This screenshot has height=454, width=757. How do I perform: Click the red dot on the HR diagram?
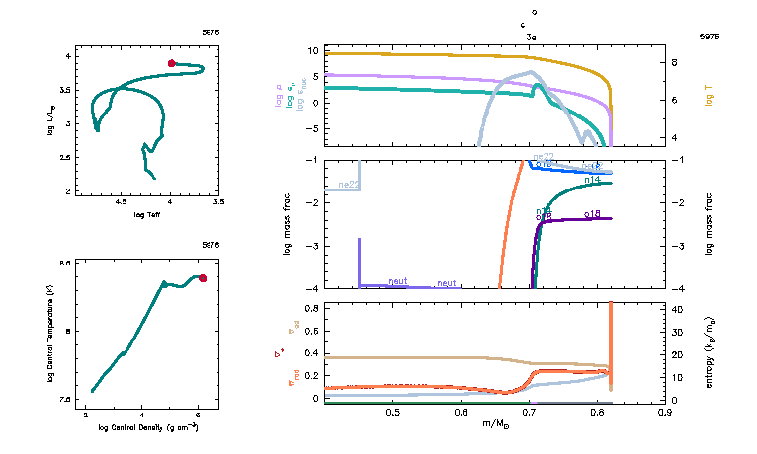click(171, 63)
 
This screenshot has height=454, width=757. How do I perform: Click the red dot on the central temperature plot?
click(203, 278)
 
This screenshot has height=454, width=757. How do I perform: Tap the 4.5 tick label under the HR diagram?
click(123, 201)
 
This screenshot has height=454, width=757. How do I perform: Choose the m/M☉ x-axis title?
click(496, 423)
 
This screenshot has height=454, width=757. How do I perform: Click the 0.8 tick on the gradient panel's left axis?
click(311, 308)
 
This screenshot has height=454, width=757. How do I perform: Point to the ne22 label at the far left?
click(348, 185)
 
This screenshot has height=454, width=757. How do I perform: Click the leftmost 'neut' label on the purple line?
click(398, 281)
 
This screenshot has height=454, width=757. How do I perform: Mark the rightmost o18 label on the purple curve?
click(593, 213)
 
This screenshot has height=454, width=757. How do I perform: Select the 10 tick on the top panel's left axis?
click(310, 50)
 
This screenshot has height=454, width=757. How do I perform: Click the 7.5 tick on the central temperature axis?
click(65, 399)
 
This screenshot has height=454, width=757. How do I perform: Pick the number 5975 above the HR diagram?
click(210, 32)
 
